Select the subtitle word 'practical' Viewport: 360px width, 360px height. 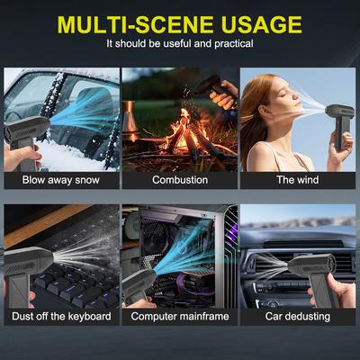click(x=234, y=44)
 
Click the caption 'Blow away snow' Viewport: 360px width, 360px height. click(x=61, y=180)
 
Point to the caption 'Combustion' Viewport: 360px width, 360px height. click(x=180, y=180)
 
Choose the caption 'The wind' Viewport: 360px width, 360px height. click(x=298, y=180)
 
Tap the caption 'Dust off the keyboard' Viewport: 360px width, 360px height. click(x=61, y=316)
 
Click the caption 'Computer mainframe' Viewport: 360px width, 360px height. click(x=180, y=316)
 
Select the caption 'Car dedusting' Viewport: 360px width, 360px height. click(x=298, y=316)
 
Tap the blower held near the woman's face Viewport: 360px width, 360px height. click(x=339, y=123)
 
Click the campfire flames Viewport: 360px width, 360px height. click(x=185, y=129)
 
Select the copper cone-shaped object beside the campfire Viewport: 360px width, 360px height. click(x=130, y=120)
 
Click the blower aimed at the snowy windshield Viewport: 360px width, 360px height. click(x=24, y=138)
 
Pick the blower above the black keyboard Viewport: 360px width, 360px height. click(x=27, y=270)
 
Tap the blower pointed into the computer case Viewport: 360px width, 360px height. click(x=138, y=285)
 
